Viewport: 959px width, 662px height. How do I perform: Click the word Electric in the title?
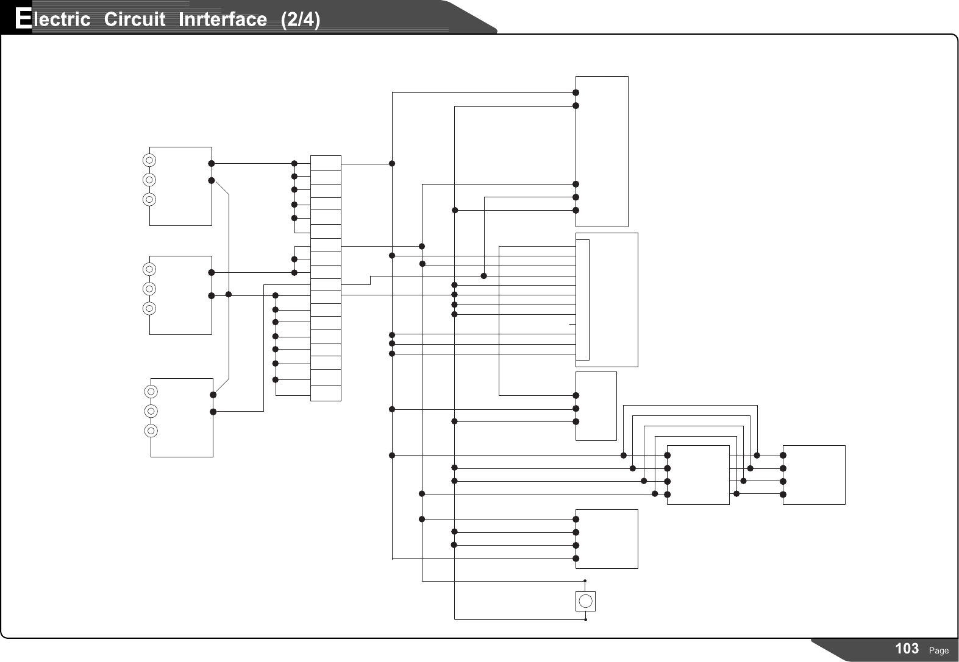pyautogui.click(x=52, y=19)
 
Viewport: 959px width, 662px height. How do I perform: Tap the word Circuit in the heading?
pyautogui.click(x=134, y=19)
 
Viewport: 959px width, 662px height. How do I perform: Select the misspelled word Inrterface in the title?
pyautogui.click(x=223, y=19)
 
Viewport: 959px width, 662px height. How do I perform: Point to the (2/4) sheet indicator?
pyautogui.click(x=299, y=19)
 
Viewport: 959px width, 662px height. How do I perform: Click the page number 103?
pyautogui.click(x=907, y=649)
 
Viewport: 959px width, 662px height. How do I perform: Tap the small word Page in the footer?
pyautogui.click(x=939, y=650)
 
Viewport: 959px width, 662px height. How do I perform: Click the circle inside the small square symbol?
pyautogui.click(x=585, y=601)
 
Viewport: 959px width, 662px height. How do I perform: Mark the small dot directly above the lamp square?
pyautogui.click(x=585, y=581)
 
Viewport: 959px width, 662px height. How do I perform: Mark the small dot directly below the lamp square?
pyautogui.click(x=585, y=621)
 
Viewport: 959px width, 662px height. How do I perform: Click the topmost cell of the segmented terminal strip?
pyautogui.click(x=326, y=162)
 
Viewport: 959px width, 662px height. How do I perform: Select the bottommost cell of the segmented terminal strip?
pyautogui.click(x=326, y=393)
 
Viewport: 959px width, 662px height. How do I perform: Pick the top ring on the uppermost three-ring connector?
pyautogui.click(x=149, y=160)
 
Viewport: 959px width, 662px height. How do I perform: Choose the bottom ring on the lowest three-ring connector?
pyautogui.click(x=152, y=431)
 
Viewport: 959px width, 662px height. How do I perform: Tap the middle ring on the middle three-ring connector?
pyautogui.click(x=149, y=288)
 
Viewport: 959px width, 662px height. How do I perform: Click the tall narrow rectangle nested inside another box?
pyautogui.click(x=583, y=300)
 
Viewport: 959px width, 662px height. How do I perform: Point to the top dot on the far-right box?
pyautogui.click(x=783, y=455)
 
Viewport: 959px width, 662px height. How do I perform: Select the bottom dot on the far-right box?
pyautogui.click(x=783, y=495)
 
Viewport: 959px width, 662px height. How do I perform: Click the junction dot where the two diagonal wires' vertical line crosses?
pyautogui.click(x=229, y=295)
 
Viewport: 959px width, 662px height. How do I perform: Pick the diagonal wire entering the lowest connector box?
pyautogui.click(x=221, y=386)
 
